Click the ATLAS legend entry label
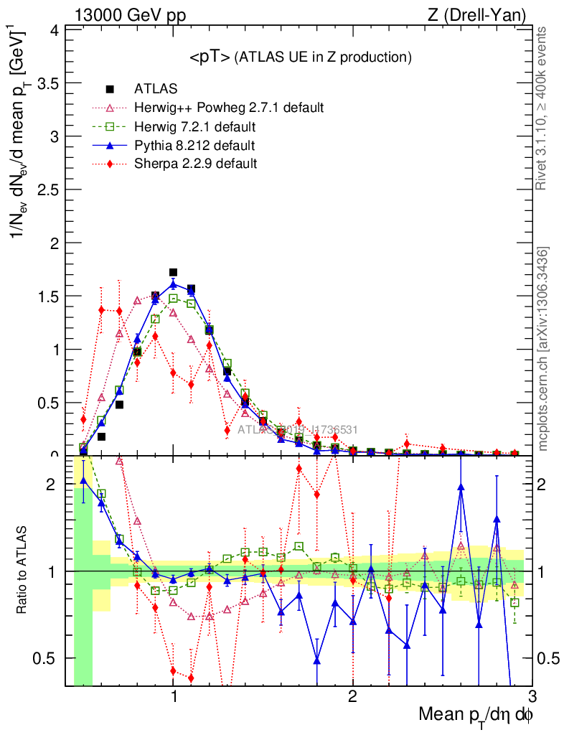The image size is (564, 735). point(156,90)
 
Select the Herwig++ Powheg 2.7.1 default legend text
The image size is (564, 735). point(229,108)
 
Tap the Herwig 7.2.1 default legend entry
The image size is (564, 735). point(194,127)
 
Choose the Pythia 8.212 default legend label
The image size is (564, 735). point(194,146)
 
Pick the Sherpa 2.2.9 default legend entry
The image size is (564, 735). point(195,164)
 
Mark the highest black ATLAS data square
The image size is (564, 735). point(173,273)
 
